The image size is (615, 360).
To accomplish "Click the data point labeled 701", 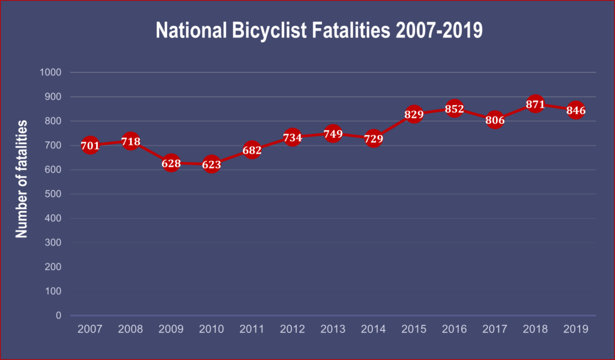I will (90, 145).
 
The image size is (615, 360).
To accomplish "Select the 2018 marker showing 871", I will (535, 104).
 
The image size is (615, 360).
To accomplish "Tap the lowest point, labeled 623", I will (211, 164).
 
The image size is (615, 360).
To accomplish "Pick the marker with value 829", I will (414, 114).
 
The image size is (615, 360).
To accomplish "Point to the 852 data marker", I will (454, 109).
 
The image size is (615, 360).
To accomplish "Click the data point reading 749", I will (333, 133).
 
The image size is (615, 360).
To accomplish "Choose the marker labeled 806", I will (495, 120).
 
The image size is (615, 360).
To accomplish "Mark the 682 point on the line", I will (252, 150).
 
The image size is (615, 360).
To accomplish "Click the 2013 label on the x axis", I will (333, 329).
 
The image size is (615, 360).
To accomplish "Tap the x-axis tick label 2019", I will (575, 329).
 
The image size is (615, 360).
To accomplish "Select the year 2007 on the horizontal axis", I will (90, 329).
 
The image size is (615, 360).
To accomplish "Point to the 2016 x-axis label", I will (454, 329).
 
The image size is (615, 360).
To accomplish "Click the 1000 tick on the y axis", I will (50, 73).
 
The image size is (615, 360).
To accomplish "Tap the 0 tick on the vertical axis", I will (59, 315).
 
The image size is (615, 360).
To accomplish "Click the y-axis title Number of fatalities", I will (22, 178).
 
